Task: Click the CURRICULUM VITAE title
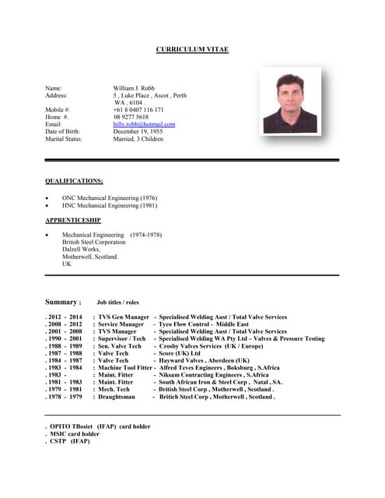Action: [x=192, y=50]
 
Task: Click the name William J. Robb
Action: [x=134, y=89]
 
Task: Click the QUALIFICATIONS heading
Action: [x=74, y=181]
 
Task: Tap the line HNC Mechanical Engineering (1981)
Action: [x=110, y=206]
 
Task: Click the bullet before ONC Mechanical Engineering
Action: [x=47, y=198]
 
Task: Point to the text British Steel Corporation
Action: [x=93, y=242]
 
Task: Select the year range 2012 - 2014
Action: [x=65, y=317]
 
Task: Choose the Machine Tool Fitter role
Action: [x=125, y=368]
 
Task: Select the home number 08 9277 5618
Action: [x=131, y=117]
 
